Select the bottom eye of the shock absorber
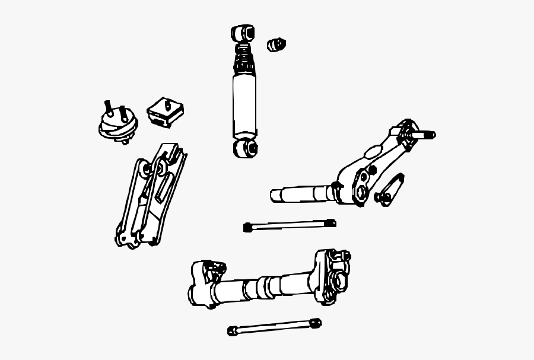point(245,147)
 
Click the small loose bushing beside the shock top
point(276,44)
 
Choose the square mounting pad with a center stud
point(166,111)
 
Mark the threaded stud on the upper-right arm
point(424,135)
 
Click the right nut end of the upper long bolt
point(330,223)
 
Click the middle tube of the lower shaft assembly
point(267,288)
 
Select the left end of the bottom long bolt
point(232,330)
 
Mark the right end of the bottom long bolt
point(316,323)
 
